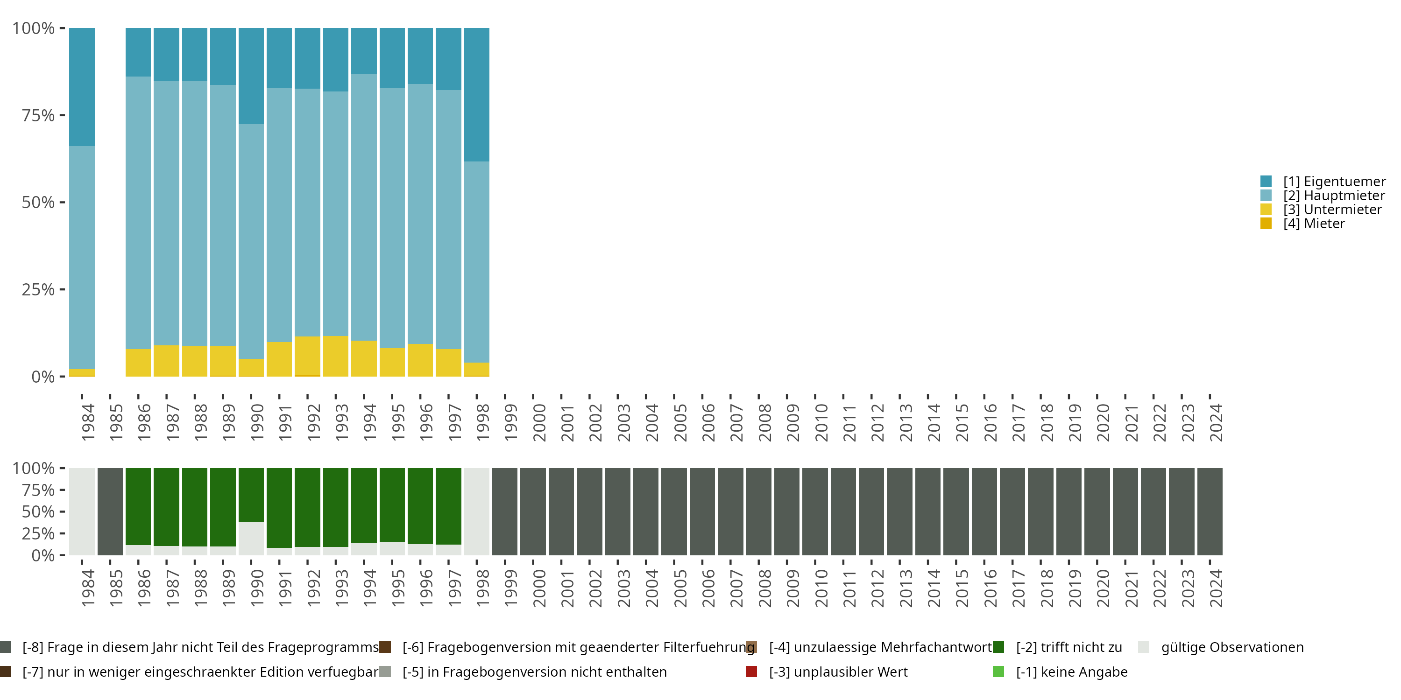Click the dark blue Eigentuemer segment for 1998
(x=476, y=95)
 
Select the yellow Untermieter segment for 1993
(x=336, y=356)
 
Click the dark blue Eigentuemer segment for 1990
(x=251, y=76)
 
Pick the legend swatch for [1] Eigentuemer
(x=1266, y=182)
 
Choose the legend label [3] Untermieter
(x=1332, y=210)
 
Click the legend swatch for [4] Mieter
(x=1266, y=224)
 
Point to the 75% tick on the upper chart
(x=62, y=115)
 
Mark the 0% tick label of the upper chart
(x=43, y=377)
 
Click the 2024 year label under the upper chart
(x=1216, y=422)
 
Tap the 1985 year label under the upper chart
(x=116, y=422)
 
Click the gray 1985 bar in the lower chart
(x=110, y=511)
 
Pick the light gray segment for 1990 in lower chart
(x=251, y=538)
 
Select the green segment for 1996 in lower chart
(x=420, y=505)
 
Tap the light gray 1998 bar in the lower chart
(x=476, y=511)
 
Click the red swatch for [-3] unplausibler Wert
(x=751, y=672)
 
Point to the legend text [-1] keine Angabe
(x=1071, y=672)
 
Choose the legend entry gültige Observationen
(x=1232, y=647)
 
